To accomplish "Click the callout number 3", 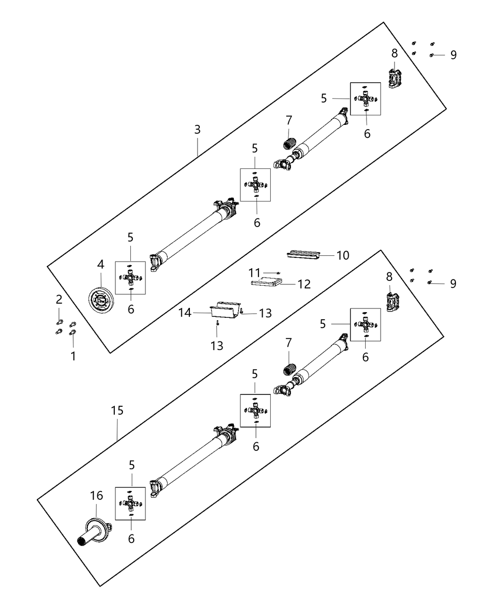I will pos(197,129).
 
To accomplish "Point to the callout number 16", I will pos(96,496).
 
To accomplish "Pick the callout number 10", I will pos(342,255).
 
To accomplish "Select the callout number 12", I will pos(304,284).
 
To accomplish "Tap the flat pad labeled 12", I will pos(265,283).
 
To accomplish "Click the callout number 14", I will pos(185,313).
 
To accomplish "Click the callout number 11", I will pos(255,272).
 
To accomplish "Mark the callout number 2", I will pos(59,299).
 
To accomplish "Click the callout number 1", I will pos(73,356).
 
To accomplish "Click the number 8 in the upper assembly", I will pos(394,52).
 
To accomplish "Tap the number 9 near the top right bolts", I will pos(453,55).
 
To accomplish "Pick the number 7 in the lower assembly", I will pos(289,342).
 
